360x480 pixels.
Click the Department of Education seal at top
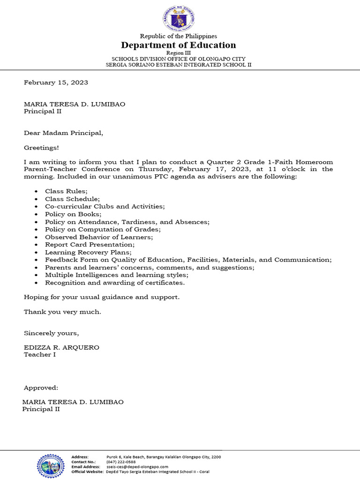[x=178, y=19]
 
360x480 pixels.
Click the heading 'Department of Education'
[x=178, y=45]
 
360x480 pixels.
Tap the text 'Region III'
[x=179, y=53]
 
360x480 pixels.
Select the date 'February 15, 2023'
[x=56, y=82]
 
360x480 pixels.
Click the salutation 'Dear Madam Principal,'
[x=63, y=133]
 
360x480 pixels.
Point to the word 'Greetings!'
[x=41, y=148]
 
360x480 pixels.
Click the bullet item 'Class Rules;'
[x=66, y=191]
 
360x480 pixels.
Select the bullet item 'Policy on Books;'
[x=73, y=214]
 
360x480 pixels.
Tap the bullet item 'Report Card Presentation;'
[x=90, y=245]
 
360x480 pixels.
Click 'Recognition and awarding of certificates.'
[x=115, y=283]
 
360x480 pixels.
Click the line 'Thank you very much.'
[x=62, y=312]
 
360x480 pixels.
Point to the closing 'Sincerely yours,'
[x=52, y=333]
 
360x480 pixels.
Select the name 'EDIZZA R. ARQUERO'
[x=61, y=347]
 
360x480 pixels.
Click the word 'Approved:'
[x=41, y=388]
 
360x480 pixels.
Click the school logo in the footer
[x=52, y=465]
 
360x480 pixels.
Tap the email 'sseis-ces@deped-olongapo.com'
[x=137, y=467]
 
